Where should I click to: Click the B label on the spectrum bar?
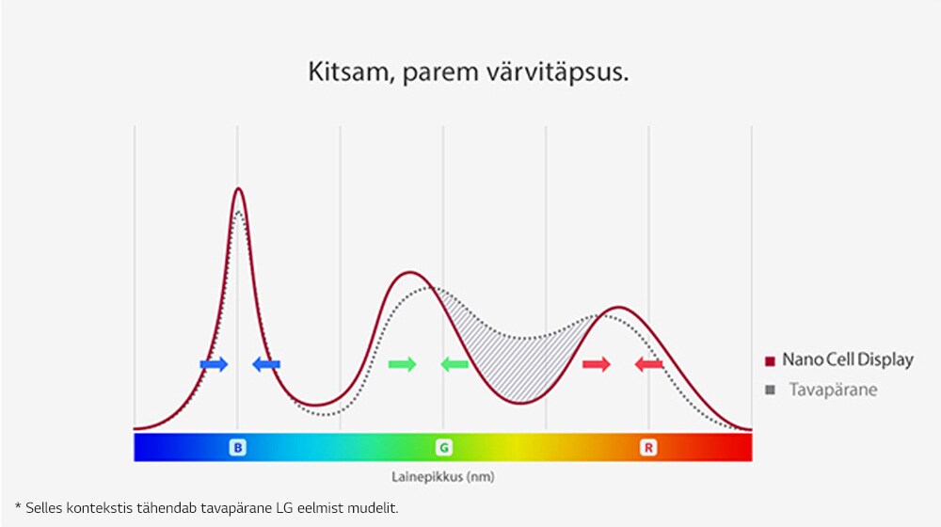coord(237,448)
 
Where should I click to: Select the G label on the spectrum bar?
coord(443,448)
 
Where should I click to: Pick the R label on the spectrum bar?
coord(648,448)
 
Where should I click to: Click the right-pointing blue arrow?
coord(214,364)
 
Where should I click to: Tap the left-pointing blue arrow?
coord(266,364)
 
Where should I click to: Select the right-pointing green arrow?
coord(402,364)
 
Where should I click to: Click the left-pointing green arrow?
coord(455,364)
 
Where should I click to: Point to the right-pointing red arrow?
coord(597,364)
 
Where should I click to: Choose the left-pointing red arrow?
coord(649,364)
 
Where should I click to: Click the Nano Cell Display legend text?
coord(847,360)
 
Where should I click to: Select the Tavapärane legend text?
coord(833,390)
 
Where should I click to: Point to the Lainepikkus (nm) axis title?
coord(443,477)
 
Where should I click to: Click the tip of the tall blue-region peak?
coord(238,189)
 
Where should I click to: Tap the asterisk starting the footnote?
coord(18,507)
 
